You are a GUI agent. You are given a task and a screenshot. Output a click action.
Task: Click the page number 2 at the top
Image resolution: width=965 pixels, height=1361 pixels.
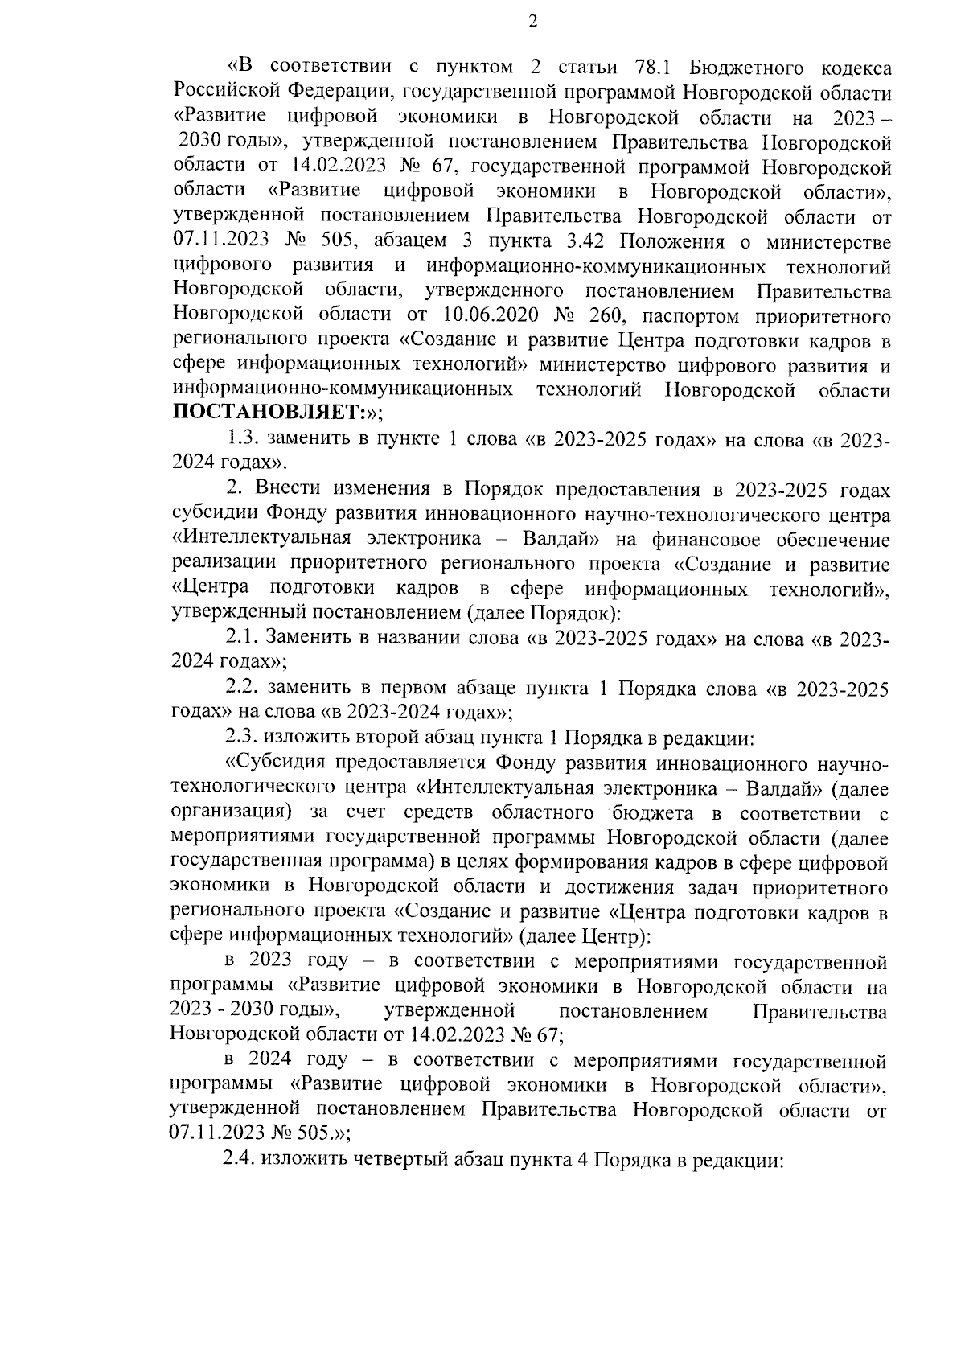coord(532,22)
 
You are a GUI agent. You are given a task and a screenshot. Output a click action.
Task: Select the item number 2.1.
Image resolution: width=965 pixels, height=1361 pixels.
coord(242,639)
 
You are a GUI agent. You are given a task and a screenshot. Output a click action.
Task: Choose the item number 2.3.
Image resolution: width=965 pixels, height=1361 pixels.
coord(242,738)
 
